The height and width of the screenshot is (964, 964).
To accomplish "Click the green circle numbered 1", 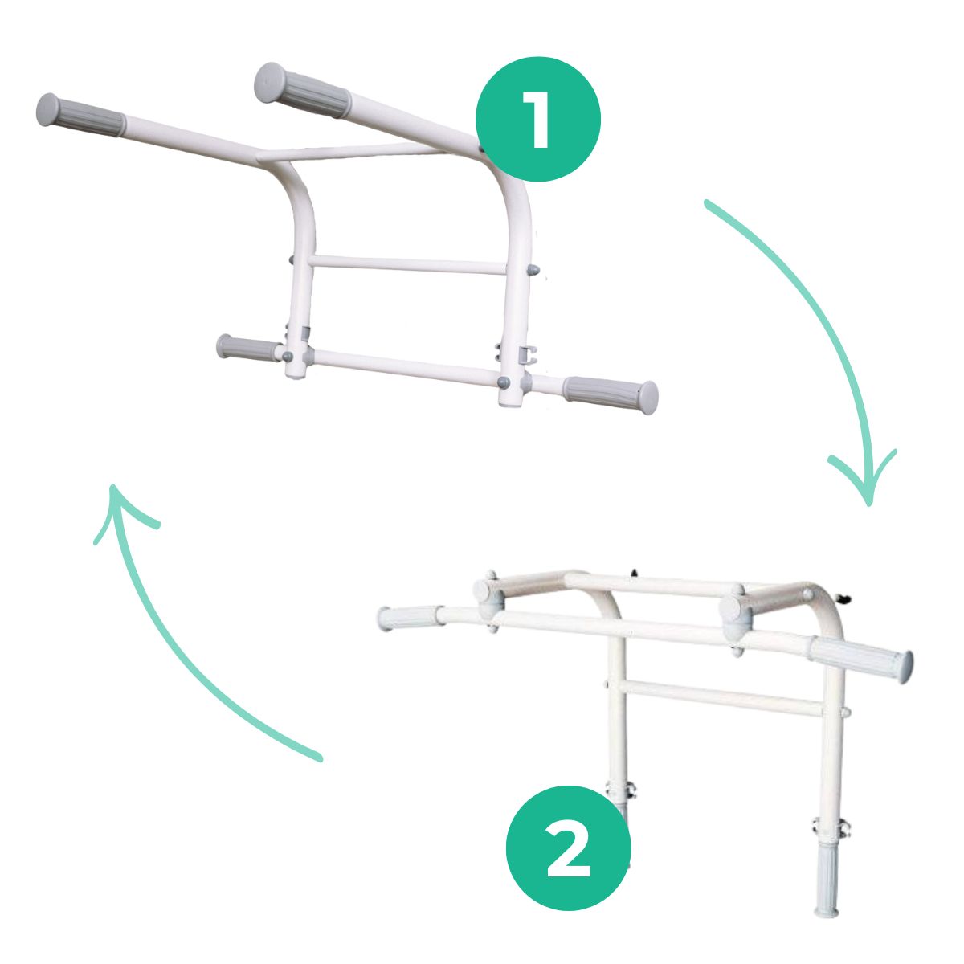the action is (537, 119).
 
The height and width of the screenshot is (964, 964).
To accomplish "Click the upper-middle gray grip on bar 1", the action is (302, 91).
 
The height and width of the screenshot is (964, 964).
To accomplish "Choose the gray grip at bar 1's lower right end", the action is (611, 391).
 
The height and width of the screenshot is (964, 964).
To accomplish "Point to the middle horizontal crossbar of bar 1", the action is (408, 264).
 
